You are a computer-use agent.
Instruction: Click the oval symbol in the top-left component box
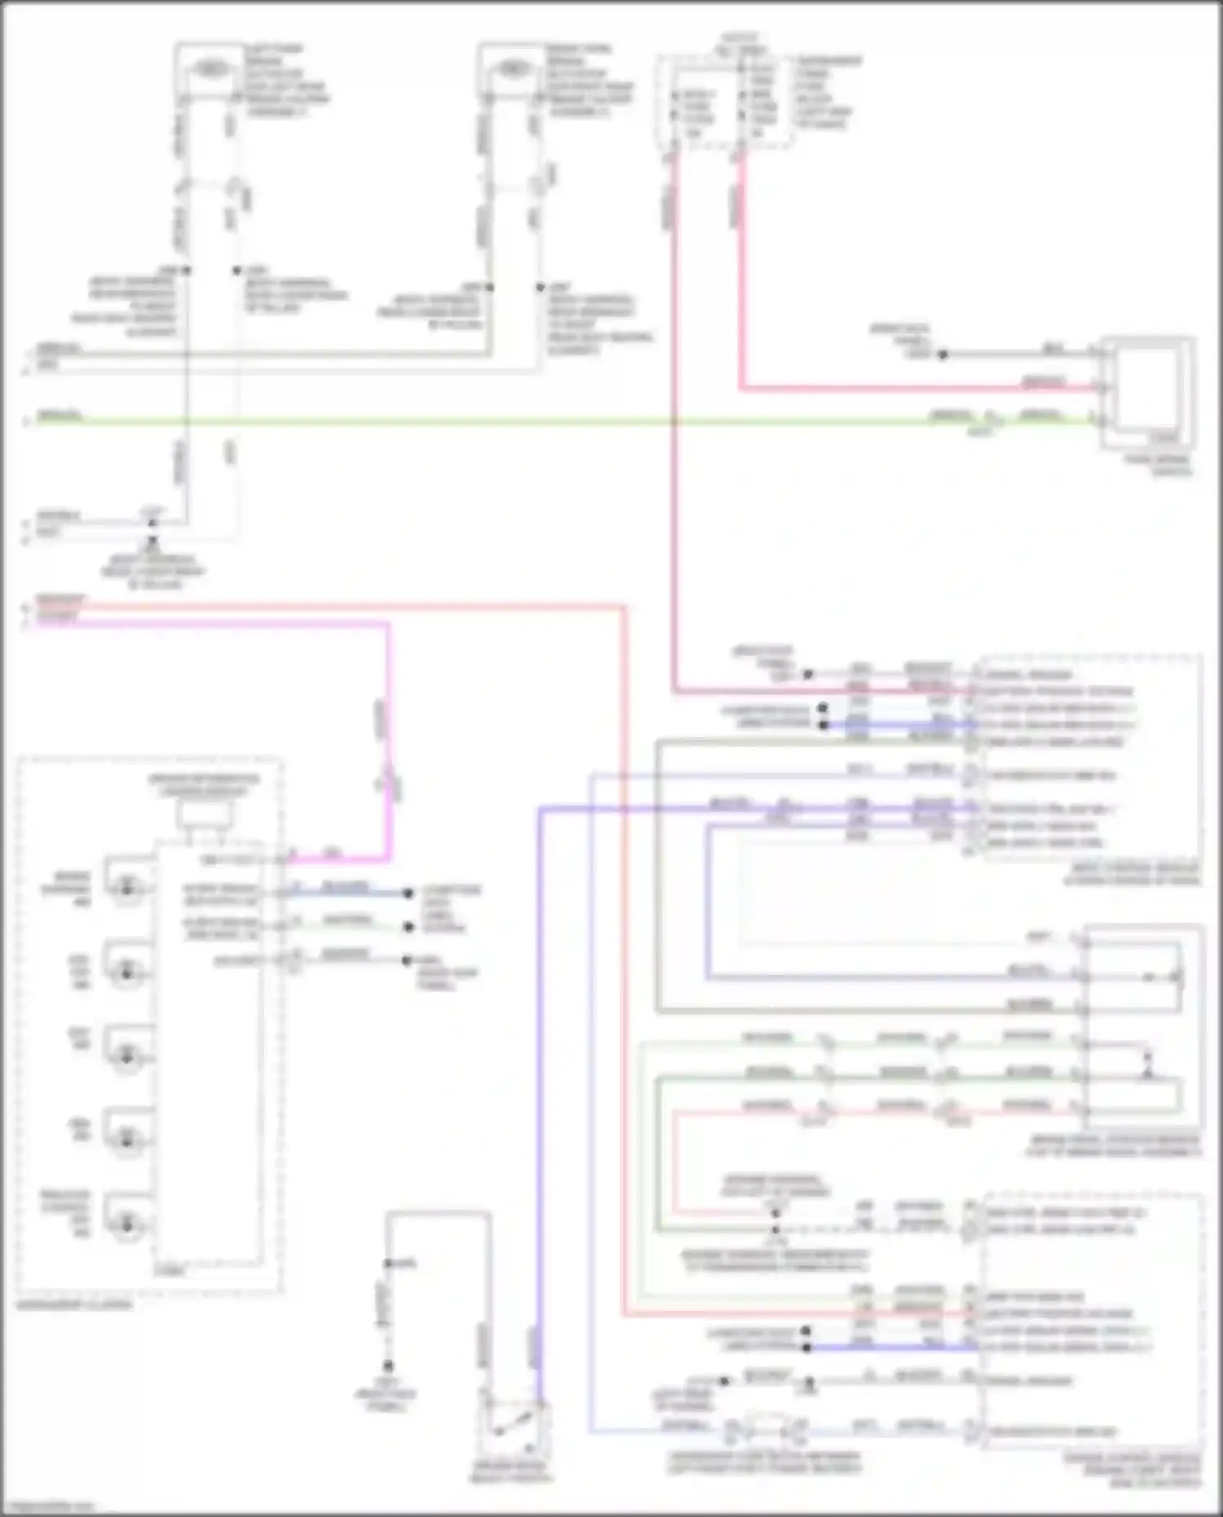tap(210, 69)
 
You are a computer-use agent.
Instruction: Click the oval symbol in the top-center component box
tap(512, 69)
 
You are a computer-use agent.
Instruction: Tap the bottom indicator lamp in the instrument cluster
tap(126, 1223)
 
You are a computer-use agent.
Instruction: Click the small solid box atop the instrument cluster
tap(205, 814)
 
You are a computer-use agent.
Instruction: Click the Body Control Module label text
tap(1133, 874)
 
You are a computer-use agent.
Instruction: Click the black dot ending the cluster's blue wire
tap(408, 893)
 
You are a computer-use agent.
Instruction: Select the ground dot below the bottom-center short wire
tap(388, 1365)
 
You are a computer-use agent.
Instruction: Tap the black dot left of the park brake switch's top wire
tap(943, 355)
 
